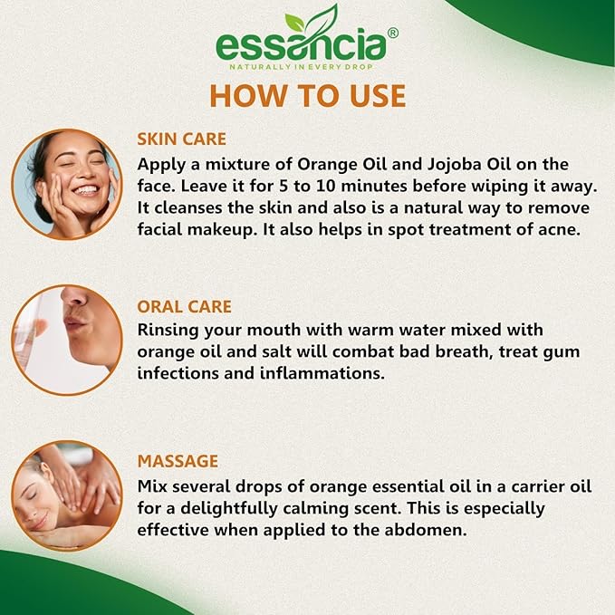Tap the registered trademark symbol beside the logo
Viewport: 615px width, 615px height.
pyautogui.click(x=392, y=33)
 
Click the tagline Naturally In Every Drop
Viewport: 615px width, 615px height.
pyautogui.click(x=302, y=67)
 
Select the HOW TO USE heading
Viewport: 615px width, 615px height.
pyautogui.click(x=308, y=96)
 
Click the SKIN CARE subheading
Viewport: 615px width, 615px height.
pyautogui.click(x=181, y=139)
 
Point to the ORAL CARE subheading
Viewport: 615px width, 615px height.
pyautogui.click(x=185, y=307)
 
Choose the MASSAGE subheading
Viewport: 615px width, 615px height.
pyautogui.click(x=178, y=461)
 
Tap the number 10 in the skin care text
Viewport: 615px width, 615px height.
pyautogui.click(x=326, y=186)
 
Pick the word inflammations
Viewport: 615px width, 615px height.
pyautogui.click(x=322, y=373)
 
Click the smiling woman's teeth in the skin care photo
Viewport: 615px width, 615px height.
pyautogui.click(x=86, y=191)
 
